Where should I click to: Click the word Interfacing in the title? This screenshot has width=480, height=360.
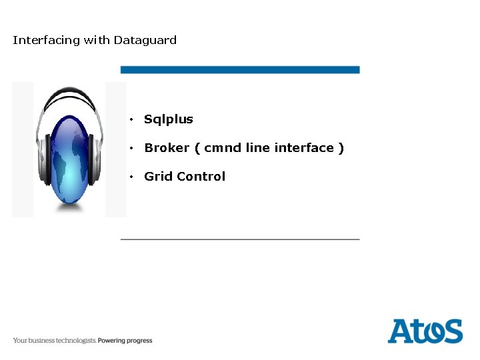[x=46, y=40]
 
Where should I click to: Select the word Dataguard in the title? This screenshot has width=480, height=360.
[x=145, y=40]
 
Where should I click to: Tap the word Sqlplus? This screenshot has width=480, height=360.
[x=169, y=119]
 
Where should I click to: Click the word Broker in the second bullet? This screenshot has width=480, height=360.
[x=167, y=148]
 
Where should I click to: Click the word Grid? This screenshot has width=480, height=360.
[x=158, y=177]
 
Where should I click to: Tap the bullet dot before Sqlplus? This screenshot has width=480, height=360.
[x=133, y=120]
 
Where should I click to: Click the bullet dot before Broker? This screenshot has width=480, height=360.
[x=133, y=148]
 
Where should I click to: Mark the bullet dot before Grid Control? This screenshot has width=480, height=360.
[x=133, y=177]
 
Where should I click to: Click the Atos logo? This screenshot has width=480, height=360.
[x=425, y=331]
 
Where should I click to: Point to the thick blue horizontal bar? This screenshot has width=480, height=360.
[x=240, y=69]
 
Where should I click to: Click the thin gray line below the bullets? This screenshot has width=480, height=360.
[x=240, y=238]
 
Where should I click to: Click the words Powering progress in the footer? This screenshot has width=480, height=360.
[x=125, y=341]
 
